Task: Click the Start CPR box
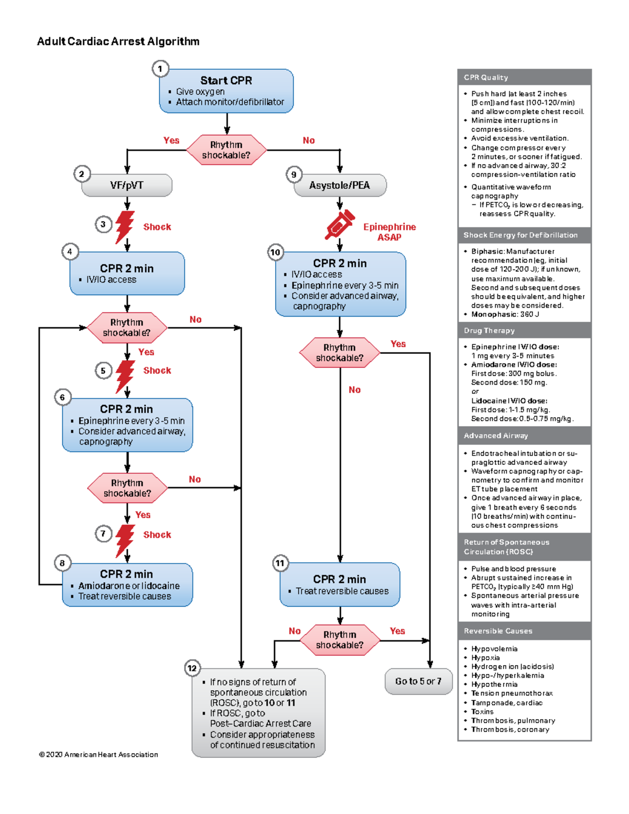coord(226,91)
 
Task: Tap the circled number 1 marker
coord(160,69)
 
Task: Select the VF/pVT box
coord(127,186)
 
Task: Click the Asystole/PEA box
coord(340,186)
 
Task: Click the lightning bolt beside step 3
coord(125,226)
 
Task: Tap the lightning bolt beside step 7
coord(125,539)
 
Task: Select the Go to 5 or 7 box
coord(418,681)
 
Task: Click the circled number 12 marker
coord(192,668)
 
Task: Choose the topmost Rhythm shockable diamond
coord(226,150)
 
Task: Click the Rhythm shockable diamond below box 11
coord(340,640)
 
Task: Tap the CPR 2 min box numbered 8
coord(127,585)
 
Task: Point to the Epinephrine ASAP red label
coord(389,232)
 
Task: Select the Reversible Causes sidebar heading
coord(498,631)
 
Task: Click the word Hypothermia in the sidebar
coord(494,685)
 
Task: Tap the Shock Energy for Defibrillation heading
coord(520,235)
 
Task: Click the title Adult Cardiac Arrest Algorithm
coord(118,41)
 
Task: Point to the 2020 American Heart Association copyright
coord(99,755)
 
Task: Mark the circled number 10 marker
coord(275,252)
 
